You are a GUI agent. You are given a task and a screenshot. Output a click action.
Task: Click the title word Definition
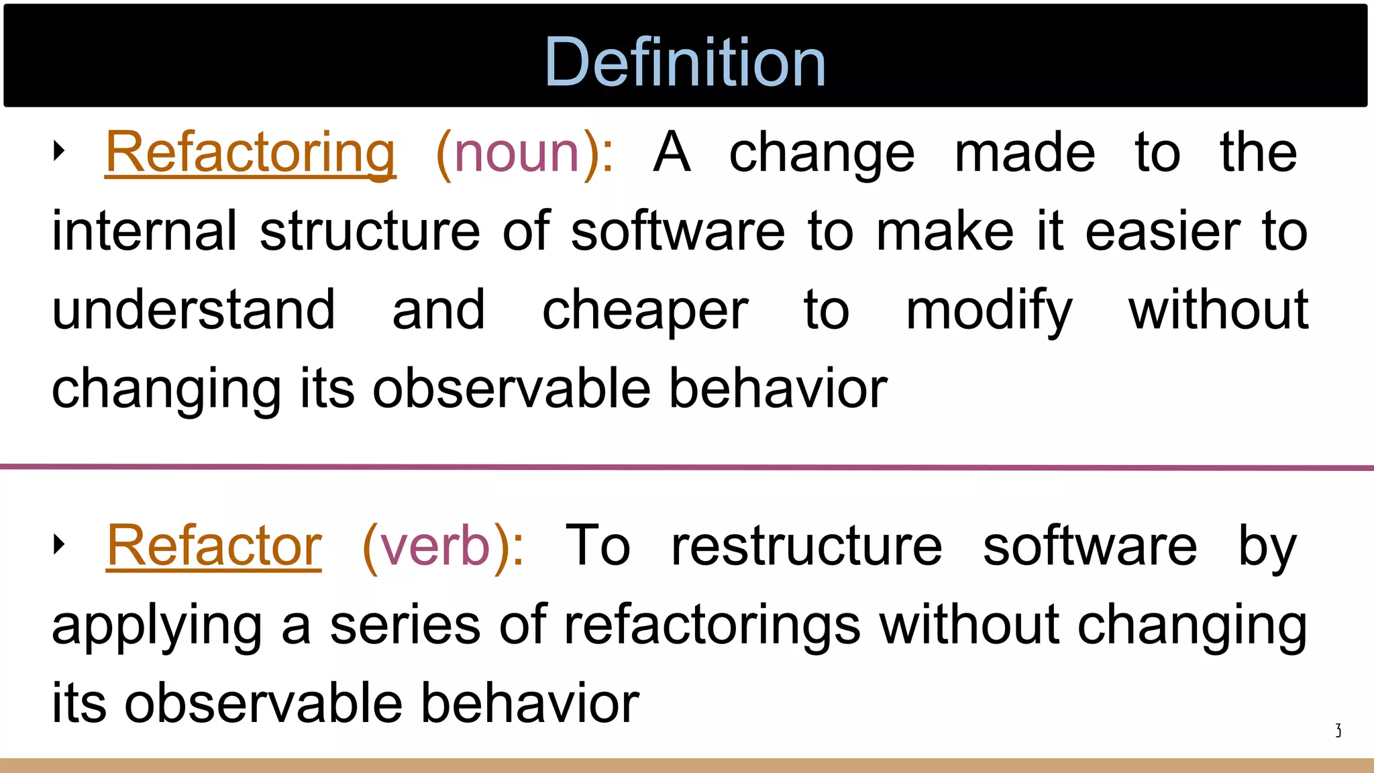(x=685, y=62)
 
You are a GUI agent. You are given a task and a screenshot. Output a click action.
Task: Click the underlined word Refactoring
(x=250, y=153)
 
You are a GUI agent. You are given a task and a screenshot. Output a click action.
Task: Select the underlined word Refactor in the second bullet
(x=214, y=546)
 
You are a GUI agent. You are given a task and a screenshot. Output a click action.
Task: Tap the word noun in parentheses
(x=517, y=153)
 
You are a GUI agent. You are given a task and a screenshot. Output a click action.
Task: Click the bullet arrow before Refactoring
(x=59, y=151)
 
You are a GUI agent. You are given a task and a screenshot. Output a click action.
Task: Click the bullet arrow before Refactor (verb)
(x=59, y=544)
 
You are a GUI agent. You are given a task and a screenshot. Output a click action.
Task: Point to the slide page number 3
(x=1338, y=730)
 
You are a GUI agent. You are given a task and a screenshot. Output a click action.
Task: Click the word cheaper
(x=645, y=311)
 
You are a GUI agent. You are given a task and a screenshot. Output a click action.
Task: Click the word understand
(x=193, y=309)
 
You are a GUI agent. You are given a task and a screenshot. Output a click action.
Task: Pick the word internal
(x=144, y=231)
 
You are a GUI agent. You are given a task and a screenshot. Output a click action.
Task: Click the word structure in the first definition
(x=370, y=232)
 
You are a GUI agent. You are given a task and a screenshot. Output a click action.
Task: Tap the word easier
(x=1163, y=232)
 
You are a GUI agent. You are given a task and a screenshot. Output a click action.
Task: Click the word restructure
(x=806, y=546)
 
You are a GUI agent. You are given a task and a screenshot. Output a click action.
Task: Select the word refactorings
(x=711, y=625)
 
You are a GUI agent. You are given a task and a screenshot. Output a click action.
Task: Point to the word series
(x=405, y=625)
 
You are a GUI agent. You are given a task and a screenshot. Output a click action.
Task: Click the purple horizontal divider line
(x=687, y=467)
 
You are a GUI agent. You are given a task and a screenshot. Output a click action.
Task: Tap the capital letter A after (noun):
(x=672, y=153)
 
